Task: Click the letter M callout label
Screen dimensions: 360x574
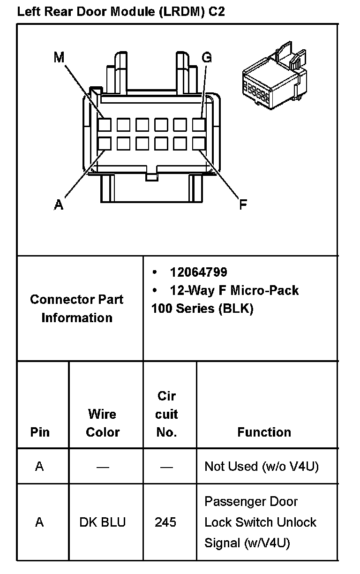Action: click(x=59, y=57)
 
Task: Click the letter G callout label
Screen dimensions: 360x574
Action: click(x=206, y=57)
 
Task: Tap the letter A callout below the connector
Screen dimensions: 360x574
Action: click(x=59, y=205)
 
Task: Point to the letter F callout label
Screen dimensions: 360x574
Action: click(x=243, y=205)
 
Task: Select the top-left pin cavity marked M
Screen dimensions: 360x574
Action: click(x=105, y=125)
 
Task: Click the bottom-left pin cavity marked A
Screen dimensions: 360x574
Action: click(x=105, y=143)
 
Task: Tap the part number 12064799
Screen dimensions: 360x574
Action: click(x=198, y=272)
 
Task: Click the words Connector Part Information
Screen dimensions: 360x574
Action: click(x=77, y=309)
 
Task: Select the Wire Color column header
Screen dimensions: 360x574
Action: click(x=102, y=423)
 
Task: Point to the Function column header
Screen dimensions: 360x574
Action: click(x=264, y=432)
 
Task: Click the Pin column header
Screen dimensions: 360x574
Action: click(x=40, y=432)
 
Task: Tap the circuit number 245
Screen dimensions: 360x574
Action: click(x=165, y=522)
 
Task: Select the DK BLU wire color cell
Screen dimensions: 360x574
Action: click(x=102, y=522)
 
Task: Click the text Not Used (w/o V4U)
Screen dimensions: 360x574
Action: click(x=262, y=467)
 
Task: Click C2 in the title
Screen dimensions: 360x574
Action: click(x=216, y=12)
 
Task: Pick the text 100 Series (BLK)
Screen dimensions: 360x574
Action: click(x=202, y=310)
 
